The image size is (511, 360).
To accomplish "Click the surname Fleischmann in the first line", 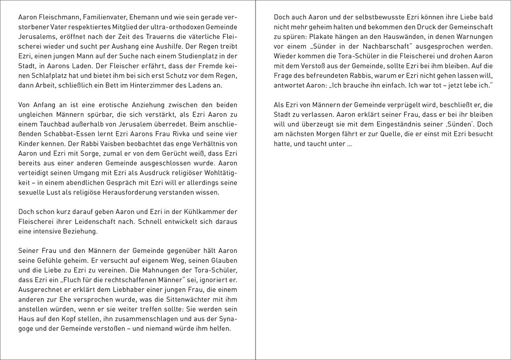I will pos(58,17).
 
